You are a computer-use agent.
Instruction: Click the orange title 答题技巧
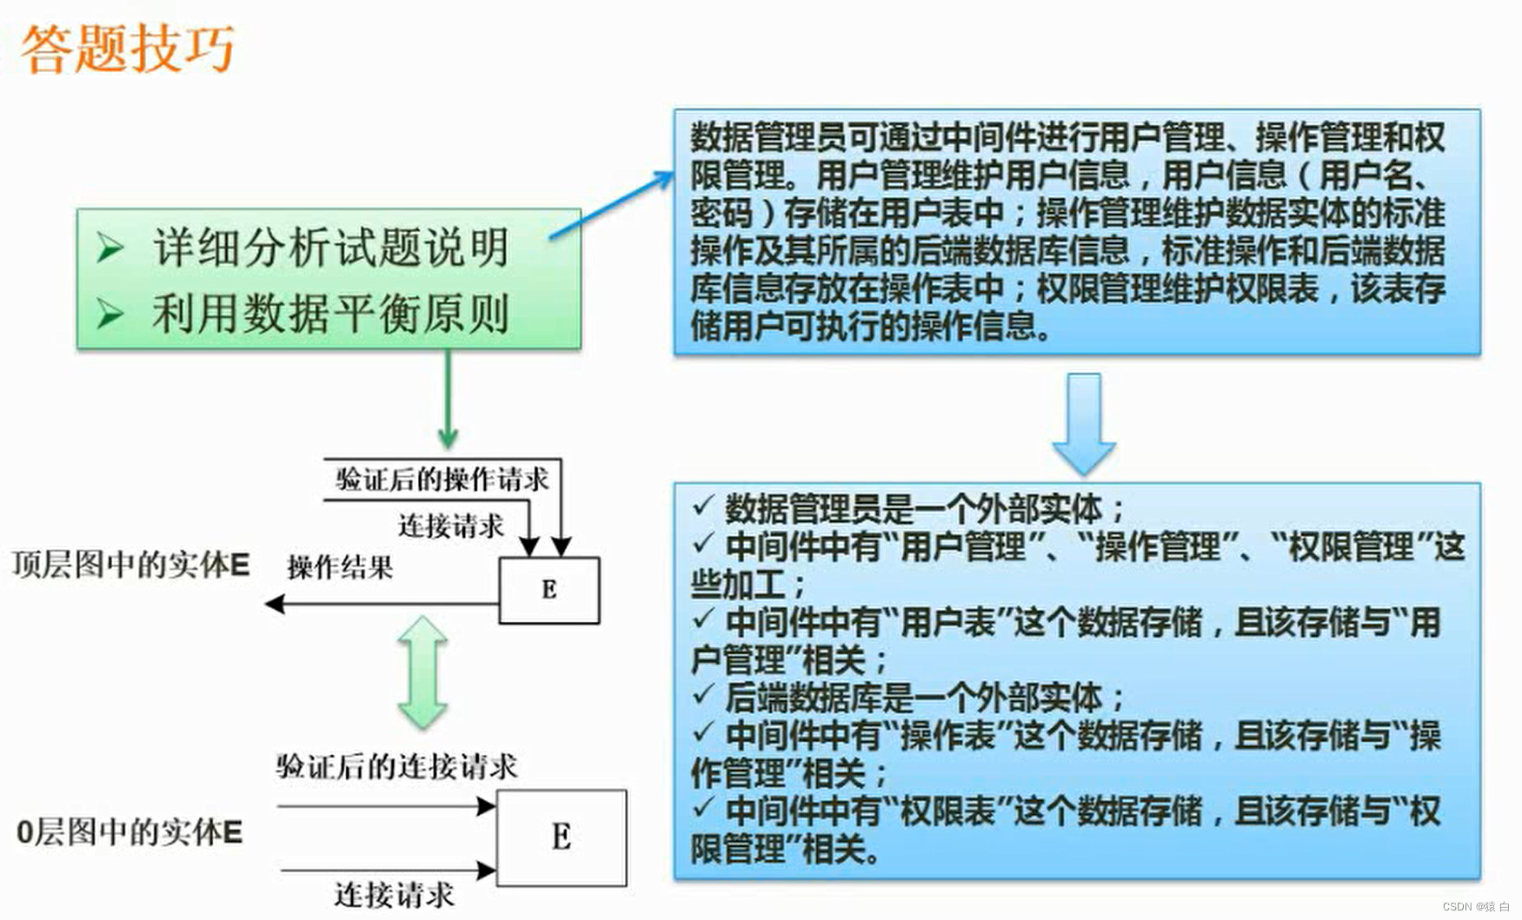(x=127, y=49)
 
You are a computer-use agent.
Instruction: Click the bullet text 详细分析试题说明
(x=330, y=248)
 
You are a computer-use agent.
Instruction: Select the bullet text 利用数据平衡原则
(x=330, y=314)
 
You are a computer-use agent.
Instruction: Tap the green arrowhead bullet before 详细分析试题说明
(x=110, y=248)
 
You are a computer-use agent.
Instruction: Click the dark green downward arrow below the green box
(x=448, y=400)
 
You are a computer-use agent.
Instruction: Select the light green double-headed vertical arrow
(x=422, y=672)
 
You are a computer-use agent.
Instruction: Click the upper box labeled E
(x=548, y=590)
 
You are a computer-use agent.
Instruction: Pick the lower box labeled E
(x=561, y=837)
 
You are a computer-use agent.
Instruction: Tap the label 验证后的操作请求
(x=442, y=479)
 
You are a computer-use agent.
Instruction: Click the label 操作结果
(x=340, y=567)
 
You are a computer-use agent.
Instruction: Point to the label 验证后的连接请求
(x=396, y=766)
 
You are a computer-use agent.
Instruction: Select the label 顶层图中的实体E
(x=130, y=565)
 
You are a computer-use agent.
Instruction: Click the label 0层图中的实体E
(x=130, y=832)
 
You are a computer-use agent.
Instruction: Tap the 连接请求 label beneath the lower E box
(x=394, y=895)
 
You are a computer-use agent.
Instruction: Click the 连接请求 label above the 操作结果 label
(x=450, y=526)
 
